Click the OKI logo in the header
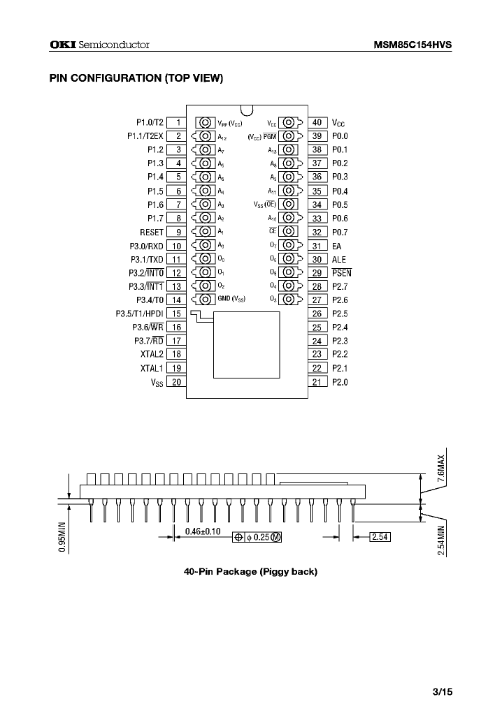(x=62, y=45)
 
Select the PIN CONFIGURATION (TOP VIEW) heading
(x=136, y=78)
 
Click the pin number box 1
(x=177, y=122)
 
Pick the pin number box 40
(x=317, y=122)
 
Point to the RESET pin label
(x=151, y=232)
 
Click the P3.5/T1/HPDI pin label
(x=139, y=314)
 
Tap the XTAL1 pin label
(x=151, y=368)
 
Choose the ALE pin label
(x=339, y=259)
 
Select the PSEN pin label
(x=341, y=272)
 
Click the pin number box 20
(x=177, y=382)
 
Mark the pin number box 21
(x=317, y=382)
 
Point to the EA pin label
(x=337, y=245)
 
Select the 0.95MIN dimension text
(x=62, y=536)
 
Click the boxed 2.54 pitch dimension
(x=379, y=536)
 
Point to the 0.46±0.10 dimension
(x=202, y=531)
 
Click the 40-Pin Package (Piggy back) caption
(x=250, y=572)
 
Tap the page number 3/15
(x=443, y=691)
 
